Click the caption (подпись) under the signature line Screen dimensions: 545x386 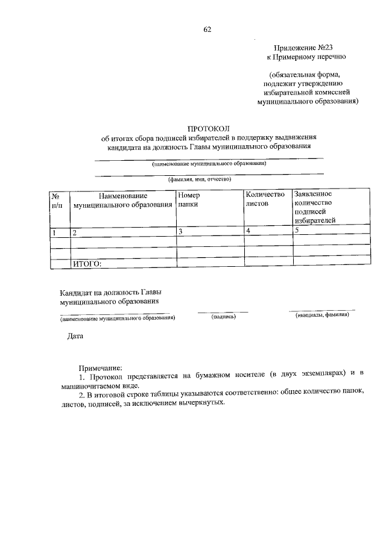pos(223,317)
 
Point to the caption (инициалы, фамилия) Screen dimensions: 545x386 pos(321,315)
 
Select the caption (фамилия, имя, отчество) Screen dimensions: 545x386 pos(200,179)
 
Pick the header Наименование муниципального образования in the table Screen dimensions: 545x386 pos(122,201)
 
